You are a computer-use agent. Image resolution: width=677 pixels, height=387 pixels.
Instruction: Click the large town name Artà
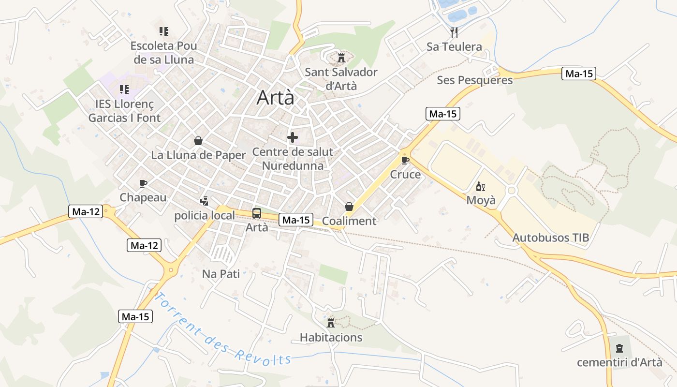click(x=275, y=97)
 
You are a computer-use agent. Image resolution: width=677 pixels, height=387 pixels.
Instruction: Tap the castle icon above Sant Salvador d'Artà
click(x=341, y=58)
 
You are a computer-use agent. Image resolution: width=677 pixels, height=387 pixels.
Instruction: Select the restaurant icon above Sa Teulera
click(x=454, y=32)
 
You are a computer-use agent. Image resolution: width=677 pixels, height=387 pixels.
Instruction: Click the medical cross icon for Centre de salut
click(x=293, y=138)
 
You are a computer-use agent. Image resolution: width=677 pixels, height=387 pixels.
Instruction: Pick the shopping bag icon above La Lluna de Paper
click(x=198, y=141)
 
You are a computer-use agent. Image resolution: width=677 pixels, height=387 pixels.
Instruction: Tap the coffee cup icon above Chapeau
click(x=143, y=183)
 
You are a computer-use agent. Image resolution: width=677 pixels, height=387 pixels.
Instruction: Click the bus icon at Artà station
click(x=256, y=213)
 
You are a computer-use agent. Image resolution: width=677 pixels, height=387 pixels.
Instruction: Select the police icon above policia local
click(x=204, y=201)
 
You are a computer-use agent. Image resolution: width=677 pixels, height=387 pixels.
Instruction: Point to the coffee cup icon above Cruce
click(x=405, y=160)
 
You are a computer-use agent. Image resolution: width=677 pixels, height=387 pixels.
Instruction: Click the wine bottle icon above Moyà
click(x=480, y=187)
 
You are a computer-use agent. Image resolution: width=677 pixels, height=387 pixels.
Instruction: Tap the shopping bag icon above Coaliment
click(x=349, y=207)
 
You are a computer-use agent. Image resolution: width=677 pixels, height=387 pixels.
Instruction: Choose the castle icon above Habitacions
click(x=331, y=323)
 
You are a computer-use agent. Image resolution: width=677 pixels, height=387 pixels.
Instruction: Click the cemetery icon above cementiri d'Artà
click(x=619, y=348)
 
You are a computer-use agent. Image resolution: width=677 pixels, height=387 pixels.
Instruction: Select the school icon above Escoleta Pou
click(x=164, y=31)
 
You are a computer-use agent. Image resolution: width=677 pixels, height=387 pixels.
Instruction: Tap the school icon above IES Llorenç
click(x=124, y=89)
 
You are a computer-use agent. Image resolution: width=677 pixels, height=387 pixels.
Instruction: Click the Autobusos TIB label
click(x=551, y=238)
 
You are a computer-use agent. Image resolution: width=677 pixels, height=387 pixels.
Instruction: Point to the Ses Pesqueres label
click(x=474, y=80)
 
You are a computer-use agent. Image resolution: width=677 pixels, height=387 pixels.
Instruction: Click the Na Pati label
click(x=221, y=274)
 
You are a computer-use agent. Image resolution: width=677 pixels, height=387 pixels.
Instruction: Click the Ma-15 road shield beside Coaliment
click(x=296, y=220)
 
